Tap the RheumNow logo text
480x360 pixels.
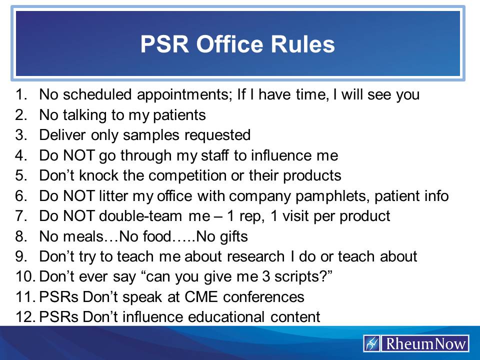pos(425,344)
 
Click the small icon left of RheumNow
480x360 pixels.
pos(372,344)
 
